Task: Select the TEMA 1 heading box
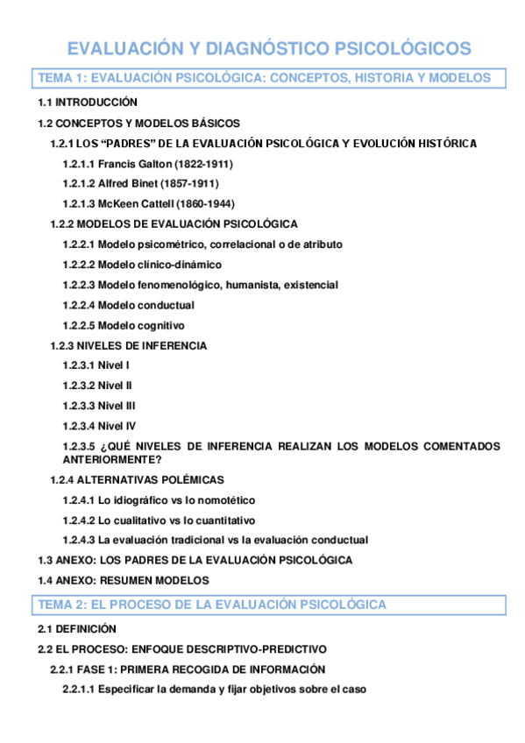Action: pyautogui.click(x=267, y=78)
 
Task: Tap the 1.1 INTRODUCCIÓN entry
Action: pyautogui.click(x=88, y=103)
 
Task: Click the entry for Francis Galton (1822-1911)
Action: pyautogui.click(x=147, y=164)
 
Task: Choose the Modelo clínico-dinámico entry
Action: pyautogui.click(x=142, y=265)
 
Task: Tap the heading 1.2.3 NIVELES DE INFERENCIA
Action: pyautogui.click(x=129, y=345)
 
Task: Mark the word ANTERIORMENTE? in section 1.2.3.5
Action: pyautogui.click(x=112, y=459)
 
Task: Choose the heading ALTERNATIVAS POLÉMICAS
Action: pyautogui.click(x=151, y=479)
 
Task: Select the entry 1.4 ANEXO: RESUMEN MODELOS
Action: pyautogui.click(x=123, y=580)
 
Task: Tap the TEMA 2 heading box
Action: pyautogui.click(x=267, y=605)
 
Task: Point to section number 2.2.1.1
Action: pyautogui.click(x=78, y=690)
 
